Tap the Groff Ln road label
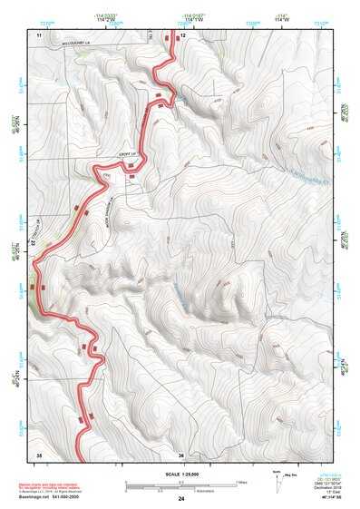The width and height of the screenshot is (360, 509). click(127, 155)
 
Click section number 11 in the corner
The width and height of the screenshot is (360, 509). click(39, 34)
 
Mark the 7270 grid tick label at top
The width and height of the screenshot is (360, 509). click(37, 17)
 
